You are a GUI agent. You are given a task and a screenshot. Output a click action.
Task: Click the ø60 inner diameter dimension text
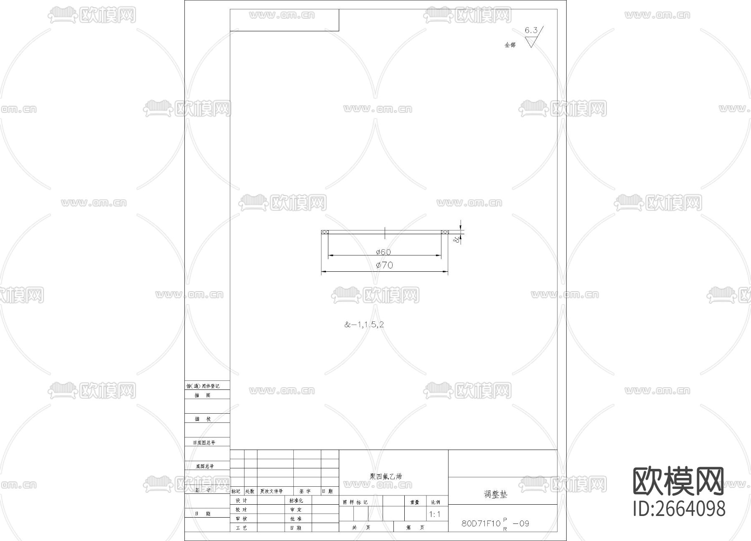tap(383, 252)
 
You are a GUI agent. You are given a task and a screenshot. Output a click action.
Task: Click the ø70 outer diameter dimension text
tap(384, 265)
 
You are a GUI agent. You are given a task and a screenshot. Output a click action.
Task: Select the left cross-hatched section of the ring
tap(325, 232)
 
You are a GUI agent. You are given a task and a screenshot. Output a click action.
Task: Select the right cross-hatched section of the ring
tap(445, 232)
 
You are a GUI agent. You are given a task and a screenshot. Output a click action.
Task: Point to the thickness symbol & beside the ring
tap(457, 239)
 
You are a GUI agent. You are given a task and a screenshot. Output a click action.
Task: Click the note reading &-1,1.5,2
tap(364, 324)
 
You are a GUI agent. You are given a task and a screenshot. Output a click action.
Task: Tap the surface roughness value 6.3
tap(531, 30)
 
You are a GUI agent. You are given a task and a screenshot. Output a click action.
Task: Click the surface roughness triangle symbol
tap(531, 42)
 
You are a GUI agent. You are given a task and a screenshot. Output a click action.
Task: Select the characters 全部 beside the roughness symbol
tap(510, 45)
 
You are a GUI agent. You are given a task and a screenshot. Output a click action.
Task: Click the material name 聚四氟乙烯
tap(386, 476)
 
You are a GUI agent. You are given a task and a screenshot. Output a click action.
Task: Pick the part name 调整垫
tap(496, 494)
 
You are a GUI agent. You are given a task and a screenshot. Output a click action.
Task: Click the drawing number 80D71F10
tap(481, 523)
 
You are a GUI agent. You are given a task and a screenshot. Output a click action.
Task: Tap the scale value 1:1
tap(435, 514)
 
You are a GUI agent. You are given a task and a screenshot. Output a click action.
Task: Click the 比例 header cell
tap(436, 502)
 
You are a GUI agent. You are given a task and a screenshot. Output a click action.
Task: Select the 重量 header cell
tap(414, 502)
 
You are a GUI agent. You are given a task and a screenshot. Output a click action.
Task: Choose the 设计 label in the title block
tap(242, 501)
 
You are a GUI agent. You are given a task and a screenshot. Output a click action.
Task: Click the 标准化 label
tap(296, 501)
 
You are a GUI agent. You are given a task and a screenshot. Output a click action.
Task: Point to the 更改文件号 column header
tap(271, 491)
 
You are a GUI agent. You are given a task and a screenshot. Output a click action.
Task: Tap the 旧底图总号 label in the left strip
tap(204, 442)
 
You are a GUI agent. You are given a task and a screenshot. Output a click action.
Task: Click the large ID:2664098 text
tap(679, 508)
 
